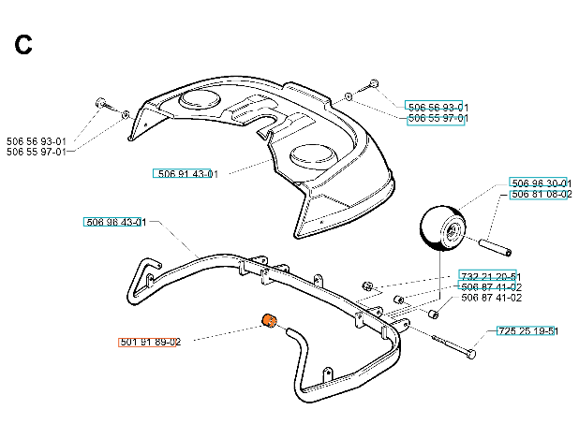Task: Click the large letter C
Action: [x=25, y=44]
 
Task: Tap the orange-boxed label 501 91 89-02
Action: [x=150, y=343]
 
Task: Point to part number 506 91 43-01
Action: [x=186, y=174]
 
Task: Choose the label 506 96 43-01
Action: [x=115, y=223]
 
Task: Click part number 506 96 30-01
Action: [x=540, y=183]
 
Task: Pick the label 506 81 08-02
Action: [x=540, y=195]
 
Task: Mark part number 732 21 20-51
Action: [x=489, y=275]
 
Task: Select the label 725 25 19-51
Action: [x=527, y=331]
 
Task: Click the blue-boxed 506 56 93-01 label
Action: [x=437, y=107]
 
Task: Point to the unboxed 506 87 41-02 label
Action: [x=491, y=298]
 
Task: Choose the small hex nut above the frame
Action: [x=369, y=284]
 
